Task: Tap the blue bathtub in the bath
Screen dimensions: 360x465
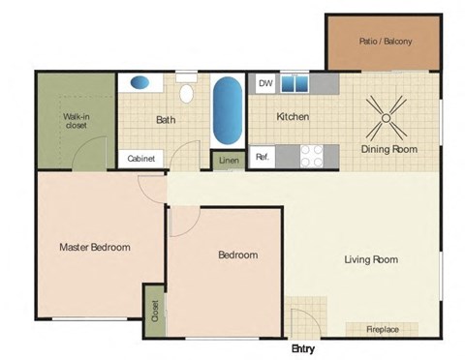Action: click(227, 111)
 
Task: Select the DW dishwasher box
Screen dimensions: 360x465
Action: click(264, 84)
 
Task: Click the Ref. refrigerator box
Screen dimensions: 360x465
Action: click(263, 156)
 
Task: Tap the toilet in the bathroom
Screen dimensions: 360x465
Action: click(187, 92)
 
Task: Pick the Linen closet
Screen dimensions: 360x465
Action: click(228, 161)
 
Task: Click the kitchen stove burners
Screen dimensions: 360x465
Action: click(312, 155)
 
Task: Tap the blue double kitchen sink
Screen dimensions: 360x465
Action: click(295, 84)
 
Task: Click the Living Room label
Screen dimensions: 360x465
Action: click(371, 259)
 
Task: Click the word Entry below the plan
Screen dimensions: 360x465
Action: click(302, 349)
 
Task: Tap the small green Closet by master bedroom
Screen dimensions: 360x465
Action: click(154, 311)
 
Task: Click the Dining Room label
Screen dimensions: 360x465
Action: click(388, 149)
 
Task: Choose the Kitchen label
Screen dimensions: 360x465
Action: click(293, 117)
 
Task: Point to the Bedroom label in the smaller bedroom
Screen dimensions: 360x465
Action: click(237, 255)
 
